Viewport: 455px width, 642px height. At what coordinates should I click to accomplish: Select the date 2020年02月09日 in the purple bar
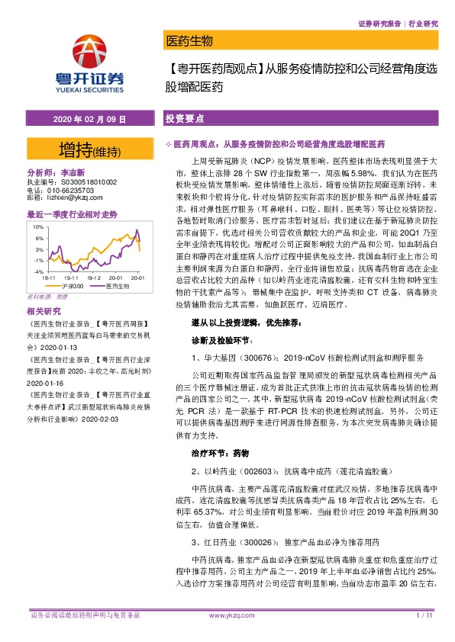[x=89, y=120]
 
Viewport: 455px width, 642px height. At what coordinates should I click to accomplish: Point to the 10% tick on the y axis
[x=37, y=226]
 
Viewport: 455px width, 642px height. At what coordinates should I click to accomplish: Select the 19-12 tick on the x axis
[x=95, y=278]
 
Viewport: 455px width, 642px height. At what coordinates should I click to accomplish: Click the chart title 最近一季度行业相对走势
[x=72, y=213]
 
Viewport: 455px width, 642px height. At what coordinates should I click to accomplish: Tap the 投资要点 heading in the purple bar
[x=183, y=120]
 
